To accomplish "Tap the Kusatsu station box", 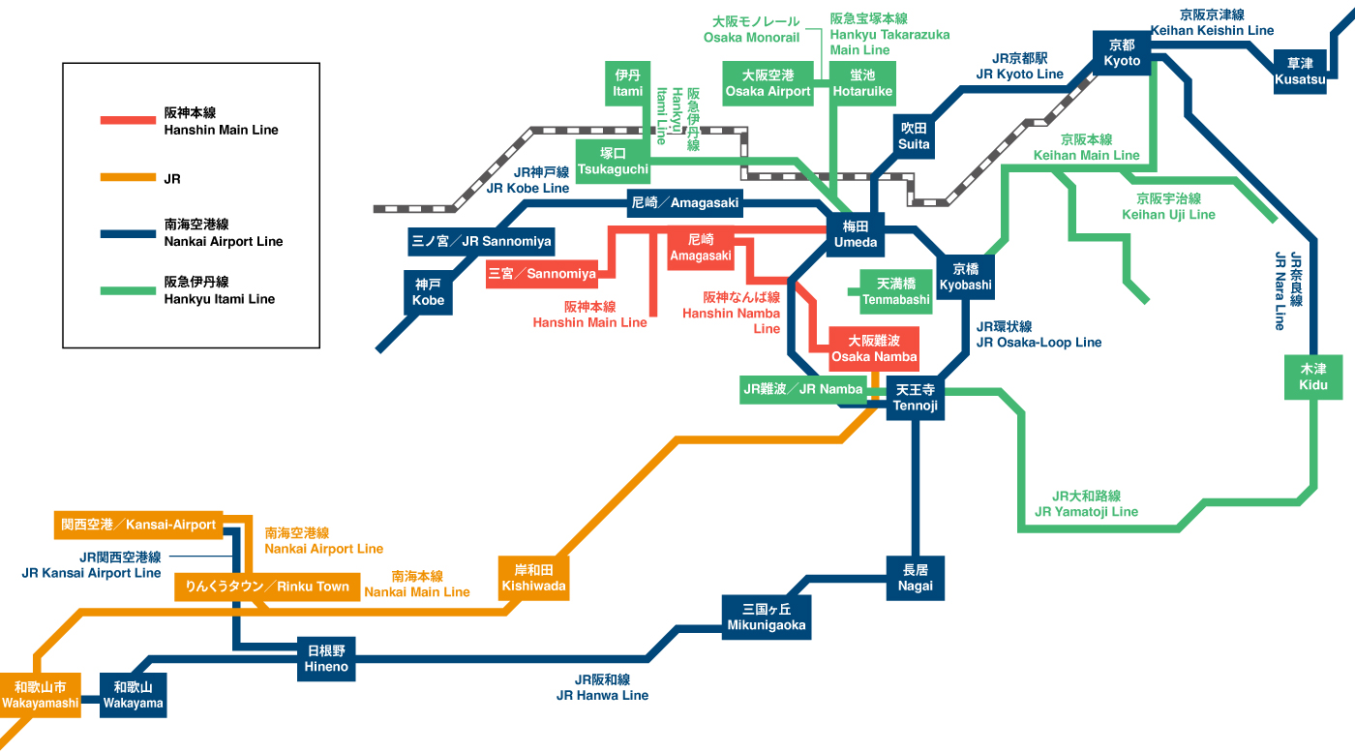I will pos(1300,72).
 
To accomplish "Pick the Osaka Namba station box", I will pos(874,349).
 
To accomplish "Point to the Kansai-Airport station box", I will pos(138,525).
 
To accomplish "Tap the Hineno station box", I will pos(325,658).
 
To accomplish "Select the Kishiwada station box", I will pos(534,578).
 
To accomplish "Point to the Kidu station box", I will pos(1313,376).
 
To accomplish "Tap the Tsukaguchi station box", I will pos(613,162).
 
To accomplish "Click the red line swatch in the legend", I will pos(128,120).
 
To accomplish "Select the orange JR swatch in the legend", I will pos(128,178).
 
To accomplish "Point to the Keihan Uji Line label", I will pos(1168,206).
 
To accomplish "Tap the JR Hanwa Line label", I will pos(602,687).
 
